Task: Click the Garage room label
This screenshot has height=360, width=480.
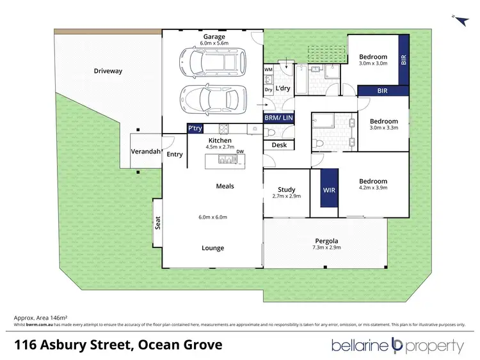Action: pos(214,37)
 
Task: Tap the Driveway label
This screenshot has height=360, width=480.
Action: pos(108,71)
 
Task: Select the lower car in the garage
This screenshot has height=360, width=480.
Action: pos(214,99)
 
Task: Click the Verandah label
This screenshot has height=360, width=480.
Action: pos(145,152)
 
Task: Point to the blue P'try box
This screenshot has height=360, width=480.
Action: pos(195,129)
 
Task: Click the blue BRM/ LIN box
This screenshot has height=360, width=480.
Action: pos(278,118)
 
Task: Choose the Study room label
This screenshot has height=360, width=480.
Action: pos(286,189)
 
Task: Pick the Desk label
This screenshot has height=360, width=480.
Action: pos(278,145)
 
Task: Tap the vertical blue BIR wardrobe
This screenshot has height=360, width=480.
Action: pos(403,60)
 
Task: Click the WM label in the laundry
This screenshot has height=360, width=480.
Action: pos(268,68)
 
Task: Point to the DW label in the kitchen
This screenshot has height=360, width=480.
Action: pos(239,152)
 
